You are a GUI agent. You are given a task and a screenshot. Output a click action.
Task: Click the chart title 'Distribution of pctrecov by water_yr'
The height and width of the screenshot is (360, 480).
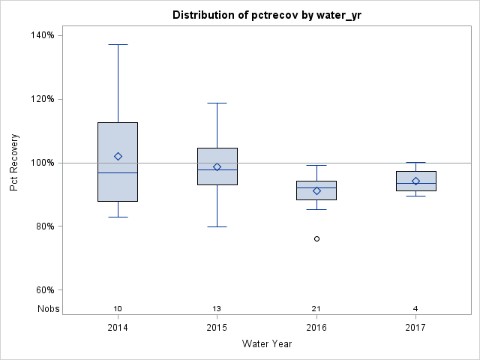click(x=266, y=15)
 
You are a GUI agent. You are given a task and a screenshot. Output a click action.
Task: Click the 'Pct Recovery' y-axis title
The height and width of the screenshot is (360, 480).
click(x=14, y=163)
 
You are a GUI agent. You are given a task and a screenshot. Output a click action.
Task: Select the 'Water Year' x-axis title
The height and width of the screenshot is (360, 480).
click(x=266, y=344)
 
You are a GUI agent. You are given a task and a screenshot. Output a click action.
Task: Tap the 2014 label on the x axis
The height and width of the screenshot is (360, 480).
click(x=118, y=328)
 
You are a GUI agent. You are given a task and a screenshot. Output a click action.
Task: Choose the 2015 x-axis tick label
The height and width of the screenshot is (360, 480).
click(x=217, y=328)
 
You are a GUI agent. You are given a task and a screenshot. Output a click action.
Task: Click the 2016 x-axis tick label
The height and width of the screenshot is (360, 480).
click(x=316, y=328)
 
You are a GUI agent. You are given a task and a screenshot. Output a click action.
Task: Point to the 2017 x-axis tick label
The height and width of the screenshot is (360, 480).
click(x=415, y=328)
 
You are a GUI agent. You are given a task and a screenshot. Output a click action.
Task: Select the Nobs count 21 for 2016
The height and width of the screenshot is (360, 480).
click(x=316, y=309)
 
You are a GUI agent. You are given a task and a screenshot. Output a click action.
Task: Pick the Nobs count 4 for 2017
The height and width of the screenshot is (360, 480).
click(x=415, y=309)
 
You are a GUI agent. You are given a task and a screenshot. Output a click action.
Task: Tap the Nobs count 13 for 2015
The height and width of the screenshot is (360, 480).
click(x=217, y=309)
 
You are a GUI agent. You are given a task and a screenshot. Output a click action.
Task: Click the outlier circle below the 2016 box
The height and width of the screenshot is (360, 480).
click(x=316, y=238)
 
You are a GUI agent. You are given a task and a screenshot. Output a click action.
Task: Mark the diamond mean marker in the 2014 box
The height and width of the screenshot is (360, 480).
click(x=118, y=156)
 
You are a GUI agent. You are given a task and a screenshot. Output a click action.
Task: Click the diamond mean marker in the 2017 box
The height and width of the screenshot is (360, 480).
click(x=415, y=181)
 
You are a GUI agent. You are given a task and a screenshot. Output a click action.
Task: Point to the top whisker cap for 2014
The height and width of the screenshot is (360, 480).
click(x=118, y=44)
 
